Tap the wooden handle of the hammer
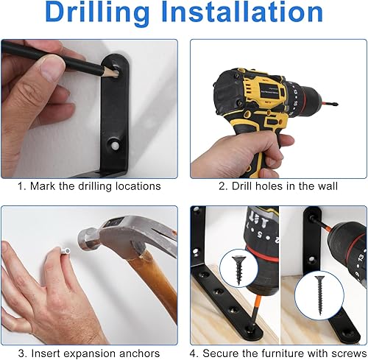158,280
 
